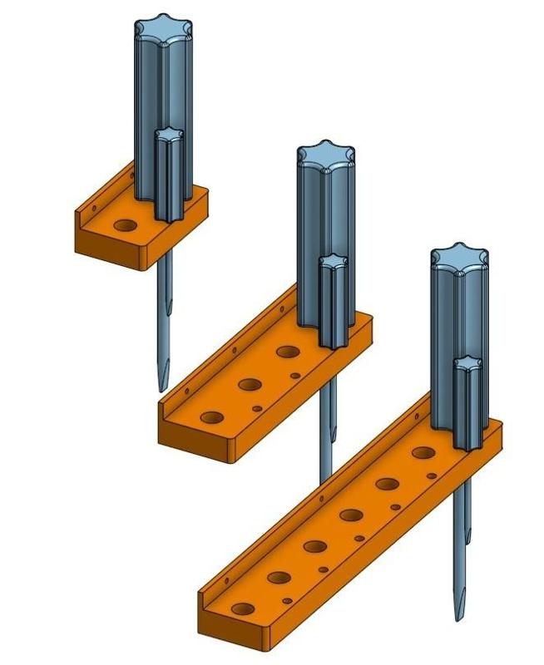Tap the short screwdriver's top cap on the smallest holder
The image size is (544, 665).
click(x=170, y=135)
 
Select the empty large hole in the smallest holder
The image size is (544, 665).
click(x=125, y=225)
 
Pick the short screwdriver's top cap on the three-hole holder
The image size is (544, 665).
click(x=333, y=262)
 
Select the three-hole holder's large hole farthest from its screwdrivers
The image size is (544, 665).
click(x=212, y=416)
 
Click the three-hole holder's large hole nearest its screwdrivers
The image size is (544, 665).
click(x=289, y=352)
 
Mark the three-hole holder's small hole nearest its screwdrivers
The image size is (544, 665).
click(x=295, y=376)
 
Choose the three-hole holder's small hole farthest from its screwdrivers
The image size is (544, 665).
click(x=257, y=408)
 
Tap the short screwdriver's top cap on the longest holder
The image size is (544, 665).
click(x=467, y=362)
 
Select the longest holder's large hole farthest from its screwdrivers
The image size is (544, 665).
click(x=241, y=608)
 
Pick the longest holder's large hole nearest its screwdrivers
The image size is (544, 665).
click(x=423, y=453)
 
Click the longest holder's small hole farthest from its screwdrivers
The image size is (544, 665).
click(x=287, y=600)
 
